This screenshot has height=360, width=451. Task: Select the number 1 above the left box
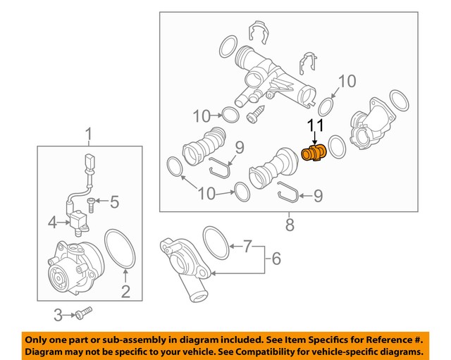[x=89, y=134]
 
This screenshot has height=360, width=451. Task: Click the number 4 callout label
[x=52, y=224]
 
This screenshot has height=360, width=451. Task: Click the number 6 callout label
[x=276, y=259]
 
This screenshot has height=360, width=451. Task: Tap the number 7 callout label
[x=247, y=247]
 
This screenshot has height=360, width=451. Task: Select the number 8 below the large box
[x=289, y=225]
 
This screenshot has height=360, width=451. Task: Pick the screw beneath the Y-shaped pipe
[x=255, y=111]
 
